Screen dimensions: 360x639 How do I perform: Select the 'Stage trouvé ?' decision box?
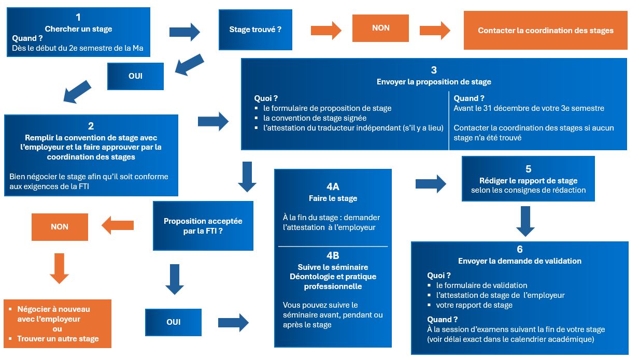[x=255, y=30]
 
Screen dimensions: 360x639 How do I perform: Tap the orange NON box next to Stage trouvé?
[x=380, y=28]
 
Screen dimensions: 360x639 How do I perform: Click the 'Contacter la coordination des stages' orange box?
[x=545, y=31]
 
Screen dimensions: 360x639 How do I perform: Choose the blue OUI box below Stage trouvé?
[x=135, y=76]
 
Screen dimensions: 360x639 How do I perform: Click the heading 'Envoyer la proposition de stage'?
[x=434, y=82]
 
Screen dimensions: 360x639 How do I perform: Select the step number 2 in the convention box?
[x=91, y=126]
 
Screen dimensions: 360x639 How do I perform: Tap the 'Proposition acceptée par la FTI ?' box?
[x=203, y=226]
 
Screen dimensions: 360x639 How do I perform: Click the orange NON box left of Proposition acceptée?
[x=60, y=227]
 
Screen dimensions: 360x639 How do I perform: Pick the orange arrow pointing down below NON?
[x=60, y=269]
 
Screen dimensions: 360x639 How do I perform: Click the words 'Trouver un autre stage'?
[x=58, y=339]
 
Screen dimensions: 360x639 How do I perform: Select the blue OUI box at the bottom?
[x=173, y=322]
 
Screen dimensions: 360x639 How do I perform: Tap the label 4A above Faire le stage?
[x=333, y=187]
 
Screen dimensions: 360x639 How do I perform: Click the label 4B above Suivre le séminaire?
[x=333, y=255]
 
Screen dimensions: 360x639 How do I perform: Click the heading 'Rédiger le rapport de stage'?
[x=528, y=181]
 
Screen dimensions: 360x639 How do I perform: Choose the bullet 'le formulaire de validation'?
[x=481, y=285]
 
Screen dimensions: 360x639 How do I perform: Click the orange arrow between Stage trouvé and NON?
[x=326, y=31]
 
